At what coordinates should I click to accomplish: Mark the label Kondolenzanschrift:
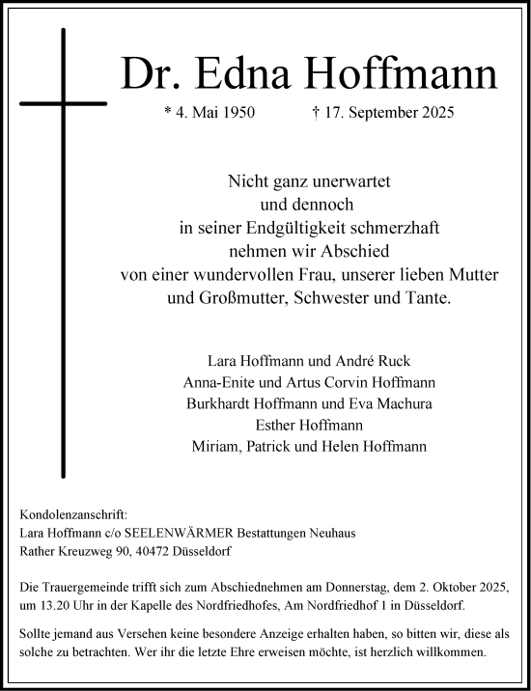click(72, 515)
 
